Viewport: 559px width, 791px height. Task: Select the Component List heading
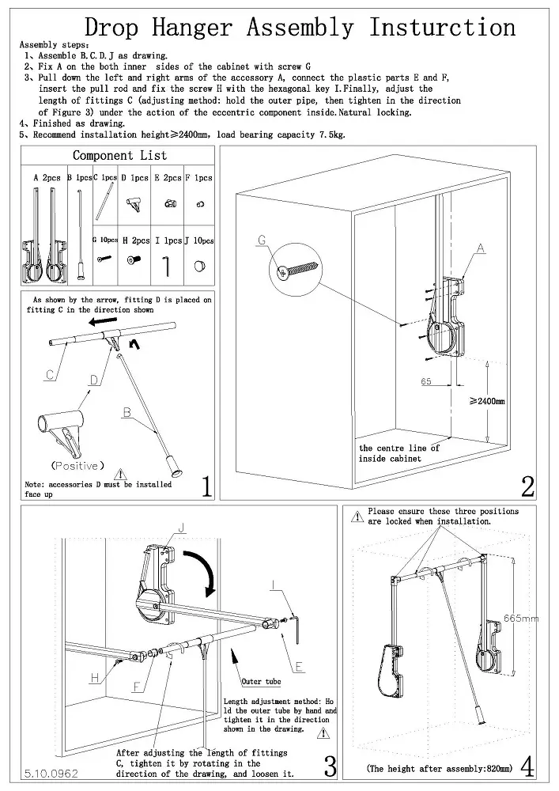point(119,156)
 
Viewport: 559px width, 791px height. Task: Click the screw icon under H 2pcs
point(136,259)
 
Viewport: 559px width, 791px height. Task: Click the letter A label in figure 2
point(480,248)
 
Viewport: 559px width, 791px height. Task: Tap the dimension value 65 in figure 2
point(426,381)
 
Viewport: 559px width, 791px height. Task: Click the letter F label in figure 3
point(137,686)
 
